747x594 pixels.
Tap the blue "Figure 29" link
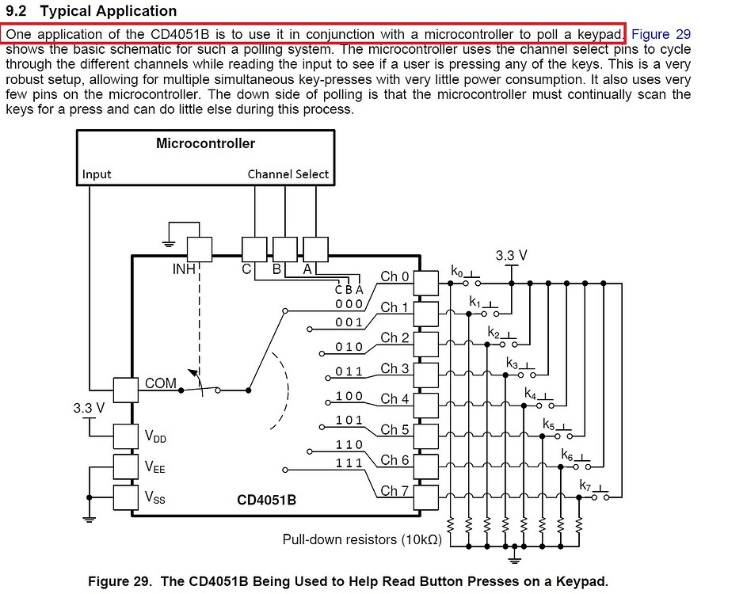[661, 34]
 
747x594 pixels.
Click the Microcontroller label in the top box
[205, 143]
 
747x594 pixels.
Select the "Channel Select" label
[288, 174]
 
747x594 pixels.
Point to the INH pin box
[199, 249]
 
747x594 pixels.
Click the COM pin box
[126, 390]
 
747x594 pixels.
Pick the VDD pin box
[126, 436]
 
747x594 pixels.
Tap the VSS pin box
[126, 497]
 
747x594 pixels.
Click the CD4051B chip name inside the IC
[267, 501]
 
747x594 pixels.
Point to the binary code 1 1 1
[349, 463]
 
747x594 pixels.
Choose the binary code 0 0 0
[349, 304]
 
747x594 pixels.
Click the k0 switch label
[457, 272]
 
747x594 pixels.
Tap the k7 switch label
[585, 485]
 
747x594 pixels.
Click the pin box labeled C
[254, 249]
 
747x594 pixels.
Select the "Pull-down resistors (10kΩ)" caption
[363, 540]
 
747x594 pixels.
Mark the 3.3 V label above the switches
[511, 256]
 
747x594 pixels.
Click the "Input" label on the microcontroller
[97, 174]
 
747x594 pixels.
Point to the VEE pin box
[126, 466]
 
